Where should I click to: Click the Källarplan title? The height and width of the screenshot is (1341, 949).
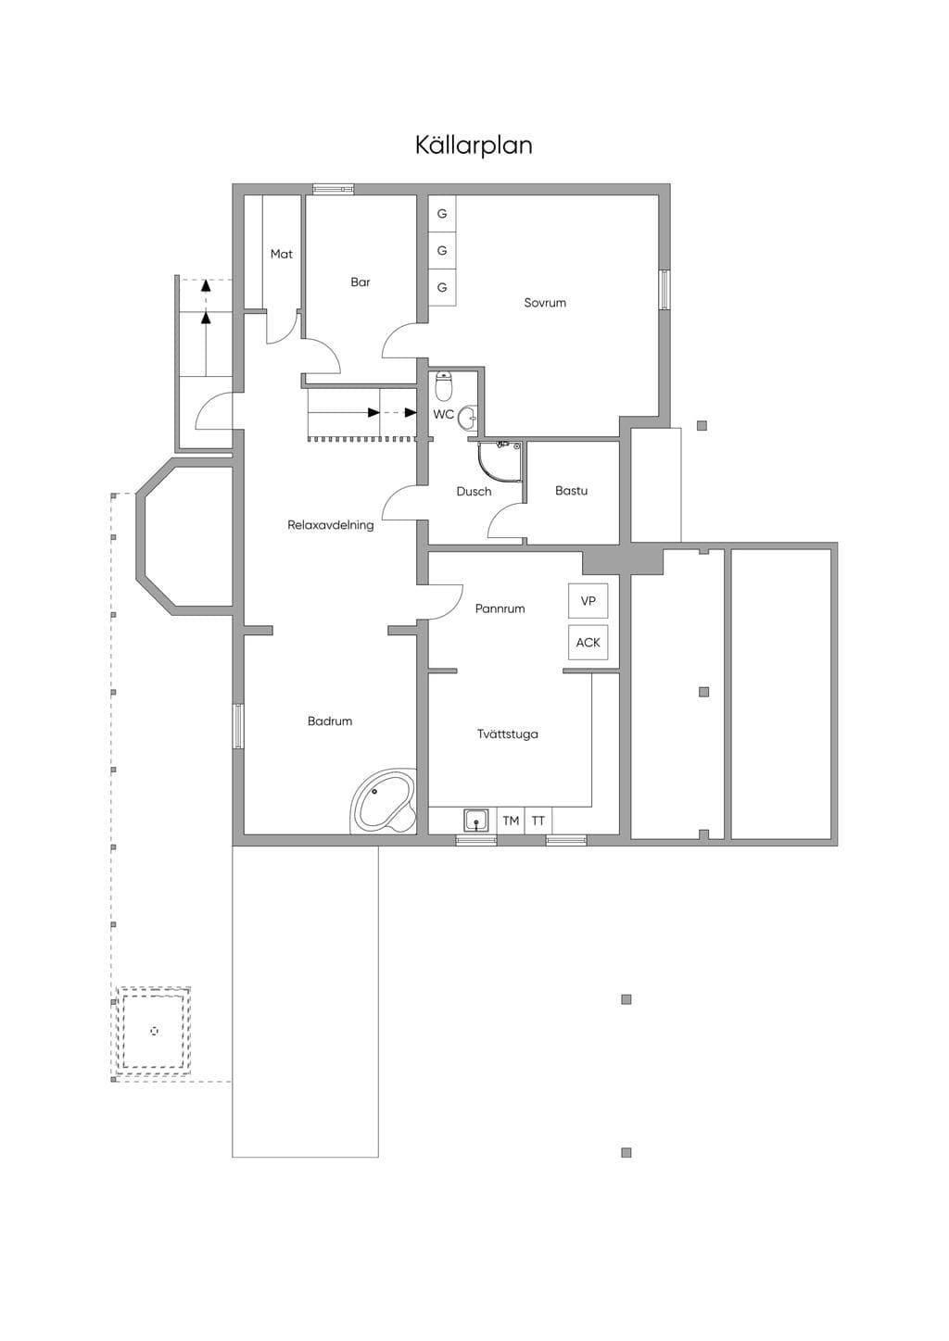474,145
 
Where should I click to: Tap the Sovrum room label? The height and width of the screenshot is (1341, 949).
545,303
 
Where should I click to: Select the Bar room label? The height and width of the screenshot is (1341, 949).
361,282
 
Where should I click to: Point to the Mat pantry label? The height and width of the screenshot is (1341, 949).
282,254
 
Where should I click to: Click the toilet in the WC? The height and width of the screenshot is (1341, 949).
443,386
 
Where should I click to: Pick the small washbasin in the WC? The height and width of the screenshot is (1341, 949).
468,417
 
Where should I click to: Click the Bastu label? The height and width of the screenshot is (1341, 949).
571,491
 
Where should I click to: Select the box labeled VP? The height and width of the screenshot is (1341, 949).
588,600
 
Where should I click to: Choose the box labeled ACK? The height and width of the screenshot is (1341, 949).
588,643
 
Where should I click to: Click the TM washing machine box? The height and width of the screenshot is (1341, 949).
511,821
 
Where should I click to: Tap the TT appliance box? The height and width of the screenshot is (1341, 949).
538,821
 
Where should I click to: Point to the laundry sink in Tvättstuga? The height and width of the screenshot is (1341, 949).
476,821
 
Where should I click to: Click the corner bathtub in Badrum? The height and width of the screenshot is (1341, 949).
384,801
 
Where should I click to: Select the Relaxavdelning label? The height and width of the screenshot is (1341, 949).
330,525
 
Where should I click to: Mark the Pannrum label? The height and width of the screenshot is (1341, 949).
500,608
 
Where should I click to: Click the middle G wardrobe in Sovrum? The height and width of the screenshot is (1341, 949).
442,250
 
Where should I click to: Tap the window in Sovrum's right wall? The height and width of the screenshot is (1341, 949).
664,290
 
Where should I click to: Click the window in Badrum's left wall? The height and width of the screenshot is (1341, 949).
238,726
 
